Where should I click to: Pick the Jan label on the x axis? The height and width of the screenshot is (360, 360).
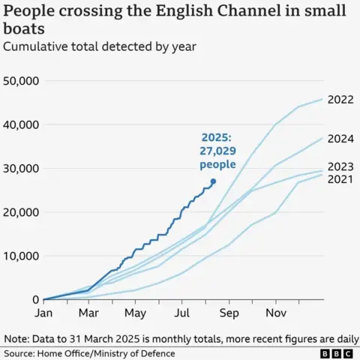(x=43, y=312)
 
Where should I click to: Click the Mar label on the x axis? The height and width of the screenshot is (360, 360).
(x=89, y=312)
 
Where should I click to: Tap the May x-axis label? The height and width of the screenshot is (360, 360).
(x=136, y=312)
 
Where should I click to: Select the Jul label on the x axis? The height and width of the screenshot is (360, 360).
(x=182, y=312)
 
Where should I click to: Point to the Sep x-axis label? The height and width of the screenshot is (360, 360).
(x=229, y=312)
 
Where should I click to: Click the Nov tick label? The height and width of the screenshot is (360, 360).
(x=275, y=312)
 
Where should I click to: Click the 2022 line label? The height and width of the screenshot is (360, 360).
(x=341, y=100)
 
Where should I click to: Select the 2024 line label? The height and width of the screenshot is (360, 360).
(x=341, y=138)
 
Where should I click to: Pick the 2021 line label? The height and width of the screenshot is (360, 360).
(x=341, y=180)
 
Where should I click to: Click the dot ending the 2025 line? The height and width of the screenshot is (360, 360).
(x=213, y=181)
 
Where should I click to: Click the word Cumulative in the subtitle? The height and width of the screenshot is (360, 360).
(x=37, y=46)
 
